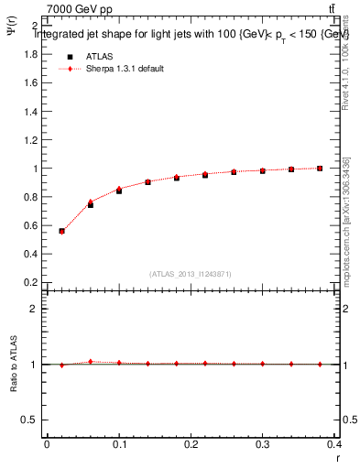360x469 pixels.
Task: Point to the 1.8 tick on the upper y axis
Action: tap(30, 54)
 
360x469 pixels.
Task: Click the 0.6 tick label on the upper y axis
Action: tap(30, 225)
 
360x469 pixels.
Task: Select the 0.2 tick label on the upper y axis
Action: tap(30, 282)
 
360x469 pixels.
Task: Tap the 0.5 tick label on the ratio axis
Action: tap(30, 420)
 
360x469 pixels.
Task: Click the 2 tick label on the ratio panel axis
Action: tap(36, 309)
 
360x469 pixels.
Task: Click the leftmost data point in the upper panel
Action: tap(61, 231)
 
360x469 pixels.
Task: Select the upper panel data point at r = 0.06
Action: tap(90, 204)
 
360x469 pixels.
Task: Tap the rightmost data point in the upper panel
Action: tap(320, 169)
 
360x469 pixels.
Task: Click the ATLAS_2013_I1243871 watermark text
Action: tap(191, 273)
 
